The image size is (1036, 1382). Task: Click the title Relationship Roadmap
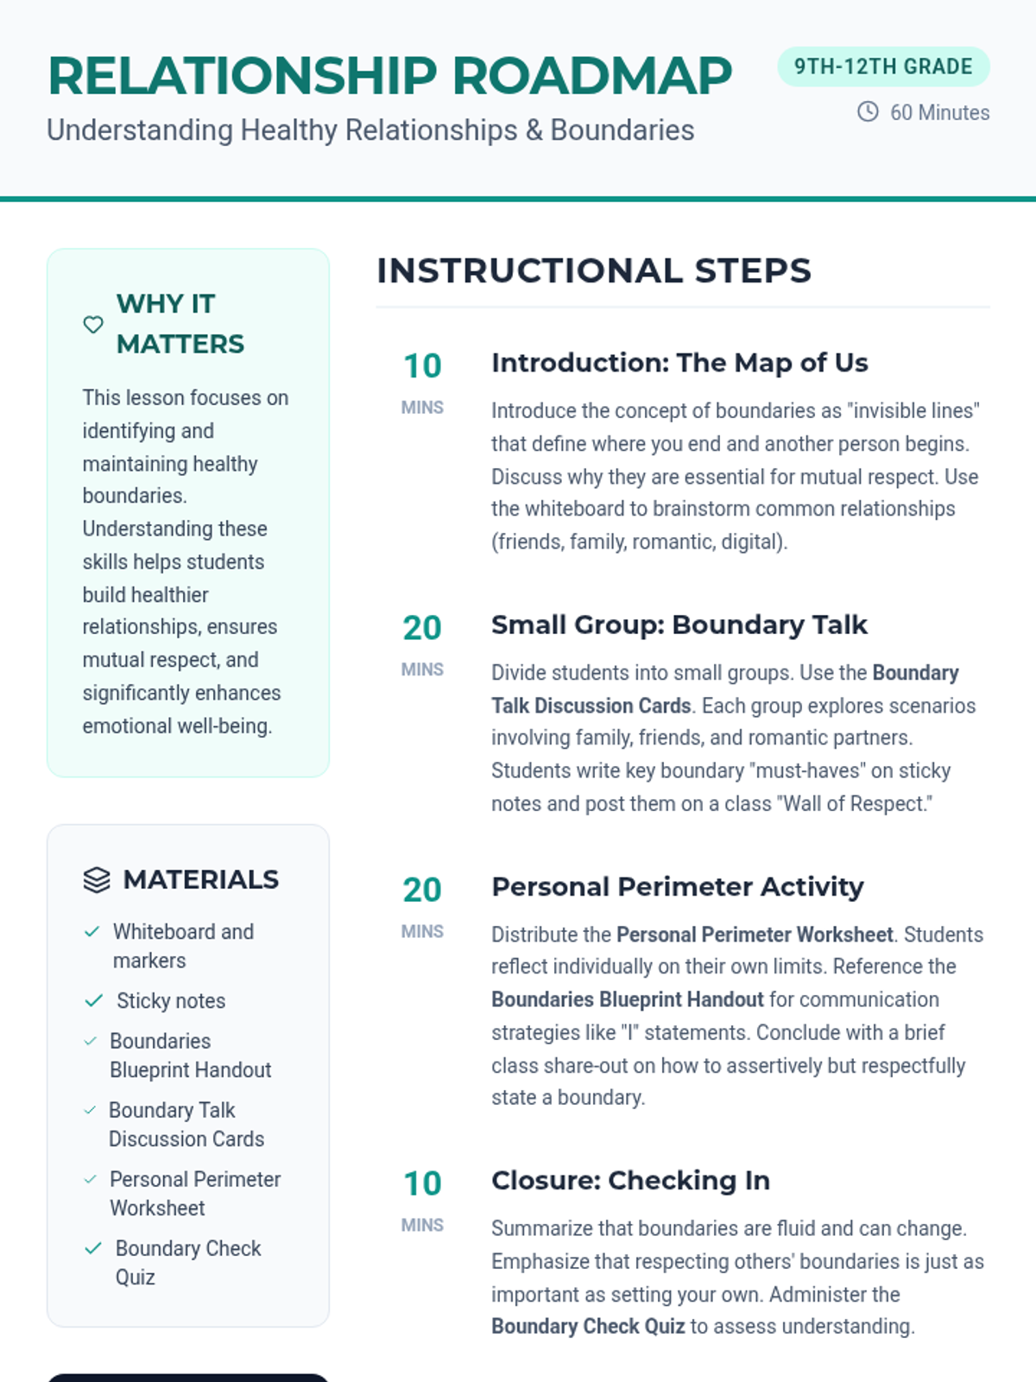[390, 76]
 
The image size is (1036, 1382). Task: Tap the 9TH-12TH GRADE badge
[883, 67]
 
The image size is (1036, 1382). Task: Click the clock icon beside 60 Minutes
[868, 111]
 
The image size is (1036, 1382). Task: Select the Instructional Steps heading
[594, 270]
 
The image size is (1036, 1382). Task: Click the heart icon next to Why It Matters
[93, 325]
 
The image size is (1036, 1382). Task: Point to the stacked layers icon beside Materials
[97, 879]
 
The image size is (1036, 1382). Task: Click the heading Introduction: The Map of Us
[679, 363]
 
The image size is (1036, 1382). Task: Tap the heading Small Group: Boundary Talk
[679, 624]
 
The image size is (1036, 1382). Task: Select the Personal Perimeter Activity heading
[678, 887]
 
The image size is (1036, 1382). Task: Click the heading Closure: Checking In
[630, 1180]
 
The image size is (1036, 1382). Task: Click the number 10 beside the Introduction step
[422, 366]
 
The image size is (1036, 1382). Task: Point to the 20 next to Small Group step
[422, 628]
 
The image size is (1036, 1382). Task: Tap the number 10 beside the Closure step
[422, 1183]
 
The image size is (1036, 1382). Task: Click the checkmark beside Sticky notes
[93, 1001]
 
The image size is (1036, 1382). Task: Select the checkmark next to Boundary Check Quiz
[93, 1248]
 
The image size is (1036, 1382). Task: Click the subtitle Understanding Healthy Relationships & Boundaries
[370, 130]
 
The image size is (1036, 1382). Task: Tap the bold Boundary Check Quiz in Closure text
[588, 1327]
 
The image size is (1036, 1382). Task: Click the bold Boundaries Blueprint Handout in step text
[628, 999]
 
